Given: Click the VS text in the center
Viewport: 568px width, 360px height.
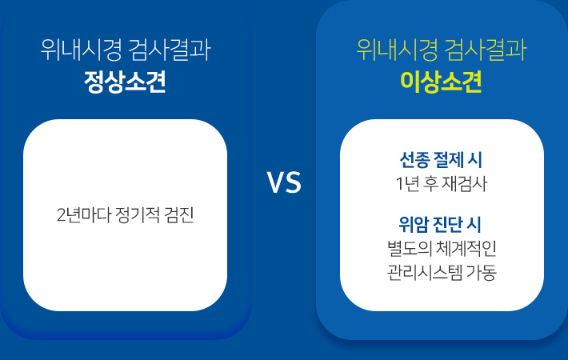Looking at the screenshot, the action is (284, 182).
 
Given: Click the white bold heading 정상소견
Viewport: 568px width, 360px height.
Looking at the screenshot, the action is (125, 82).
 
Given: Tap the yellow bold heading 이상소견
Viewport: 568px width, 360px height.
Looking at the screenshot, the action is (442, 82).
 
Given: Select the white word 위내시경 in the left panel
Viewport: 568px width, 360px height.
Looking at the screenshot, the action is (81, 50).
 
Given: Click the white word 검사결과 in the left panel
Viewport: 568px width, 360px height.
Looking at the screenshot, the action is (170, 50).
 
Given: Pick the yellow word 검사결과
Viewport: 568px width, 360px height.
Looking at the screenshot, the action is (486, 50).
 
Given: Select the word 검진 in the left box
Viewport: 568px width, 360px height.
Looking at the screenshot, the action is (179, 215).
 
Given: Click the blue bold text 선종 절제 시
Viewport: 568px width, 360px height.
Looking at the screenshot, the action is (441, 160).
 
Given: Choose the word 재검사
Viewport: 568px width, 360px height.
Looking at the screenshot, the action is (465, 184).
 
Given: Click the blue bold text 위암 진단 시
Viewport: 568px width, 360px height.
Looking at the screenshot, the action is (440, 224).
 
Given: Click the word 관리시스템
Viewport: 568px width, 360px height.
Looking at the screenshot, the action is (425, 272).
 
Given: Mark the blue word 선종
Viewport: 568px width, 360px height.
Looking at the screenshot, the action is (414, 160).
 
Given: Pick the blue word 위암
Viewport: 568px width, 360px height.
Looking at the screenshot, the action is (414, 224).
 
